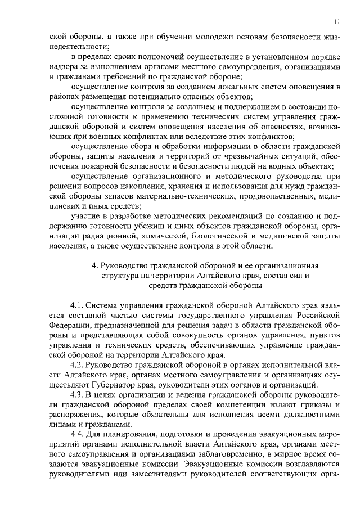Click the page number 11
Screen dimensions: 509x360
[x=336, y=21]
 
